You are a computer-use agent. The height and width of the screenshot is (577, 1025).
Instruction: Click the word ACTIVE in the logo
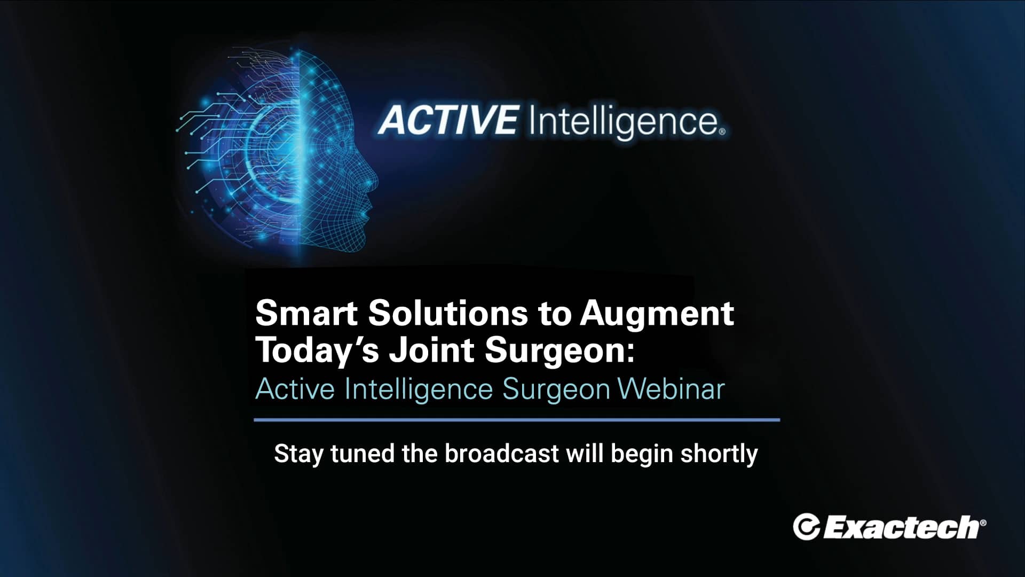coord(447,120)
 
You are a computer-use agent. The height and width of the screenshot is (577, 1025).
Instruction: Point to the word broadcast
coord(502,454)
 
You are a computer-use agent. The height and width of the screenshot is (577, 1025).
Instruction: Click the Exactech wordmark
coord(902,527)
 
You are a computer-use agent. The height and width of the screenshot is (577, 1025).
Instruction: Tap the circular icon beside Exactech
coord(806,527)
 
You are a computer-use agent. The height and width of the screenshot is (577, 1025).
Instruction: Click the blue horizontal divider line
coord(517,420)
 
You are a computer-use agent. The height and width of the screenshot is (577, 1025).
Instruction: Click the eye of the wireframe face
coord(342,144)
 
